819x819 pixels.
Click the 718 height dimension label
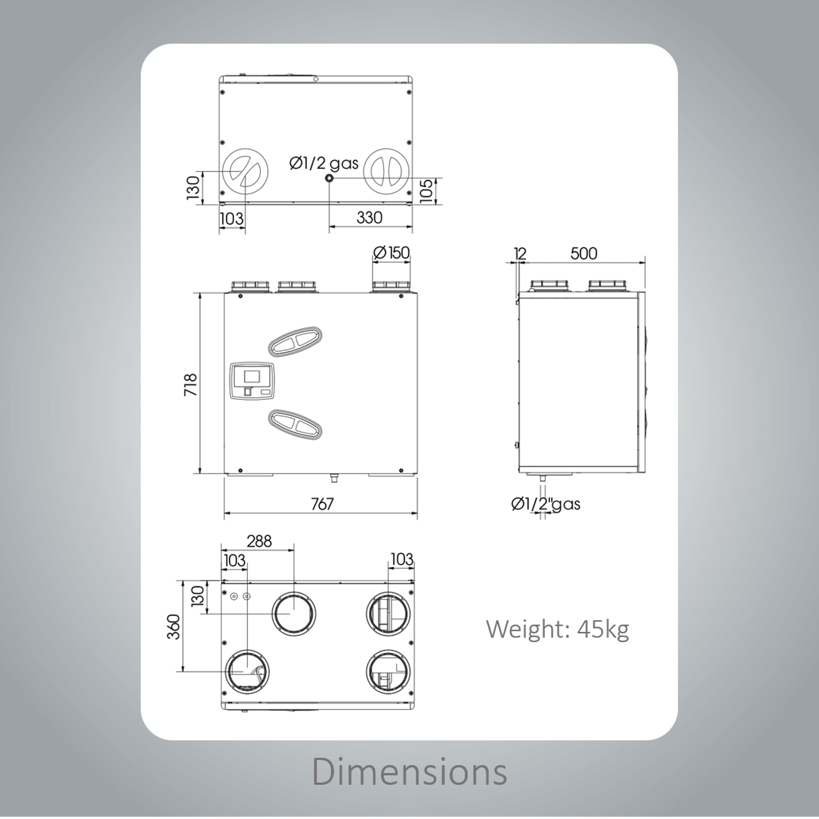point(191,385)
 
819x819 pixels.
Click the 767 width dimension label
point(322,504)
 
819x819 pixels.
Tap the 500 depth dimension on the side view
point(583,254)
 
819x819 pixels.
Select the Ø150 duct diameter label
point(391,253)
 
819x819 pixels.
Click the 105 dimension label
point(426,191)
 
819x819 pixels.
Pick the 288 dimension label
point(259,541)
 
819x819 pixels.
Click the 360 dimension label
point(174,626)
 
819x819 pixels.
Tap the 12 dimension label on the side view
point(520,254)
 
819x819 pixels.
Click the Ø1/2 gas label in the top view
point(324,163)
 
